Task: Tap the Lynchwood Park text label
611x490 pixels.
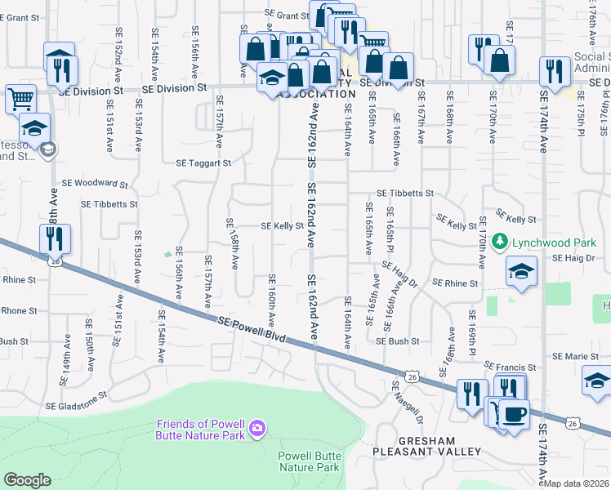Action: pyautogui.click(x=549, y=243)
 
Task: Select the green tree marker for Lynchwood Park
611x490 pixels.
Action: pyautogui.click(x=503, y=243)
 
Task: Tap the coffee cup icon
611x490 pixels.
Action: pyautogui.click(x=513, y=412)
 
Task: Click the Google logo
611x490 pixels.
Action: pyautogui.click(x=27, y=480)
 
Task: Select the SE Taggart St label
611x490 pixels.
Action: pyautogui.click(x=204, y=163)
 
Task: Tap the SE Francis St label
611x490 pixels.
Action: pyautogui.click(x=510, y=367)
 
